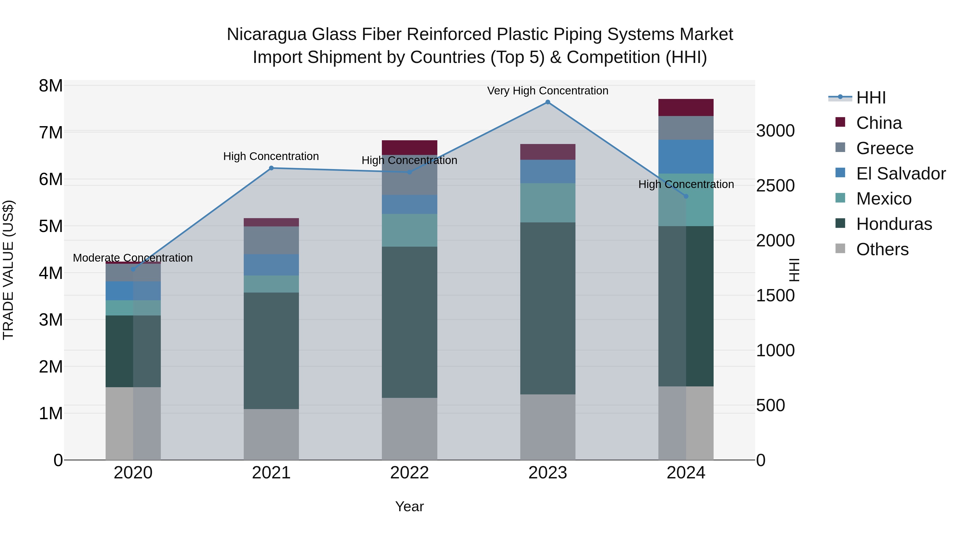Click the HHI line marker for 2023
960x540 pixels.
[x=547, y=102]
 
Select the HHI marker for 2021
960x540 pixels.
[x=271, y=168]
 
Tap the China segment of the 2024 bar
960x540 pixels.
[x=686, y=107]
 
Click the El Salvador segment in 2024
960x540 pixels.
[x=686, y=157]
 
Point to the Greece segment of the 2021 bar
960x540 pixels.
[x=271, y=240]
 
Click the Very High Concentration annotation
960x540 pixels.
[x=547, y=91]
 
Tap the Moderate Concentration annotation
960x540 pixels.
[x=133, y=258]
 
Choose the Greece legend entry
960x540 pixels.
[x=884, y=148]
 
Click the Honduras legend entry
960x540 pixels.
[x=894, y=224]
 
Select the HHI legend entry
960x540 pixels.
[x=871, y=98]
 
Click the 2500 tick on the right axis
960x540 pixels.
[x=775, y=186]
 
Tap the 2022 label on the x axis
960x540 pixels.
[x=409, y=473]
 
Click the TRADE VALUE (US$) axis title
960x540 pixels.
[x=8, y=270]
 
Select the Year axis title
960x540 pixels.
[x=409, y=506]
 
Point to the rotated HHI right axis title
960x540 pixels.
[x=794, y=270]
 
